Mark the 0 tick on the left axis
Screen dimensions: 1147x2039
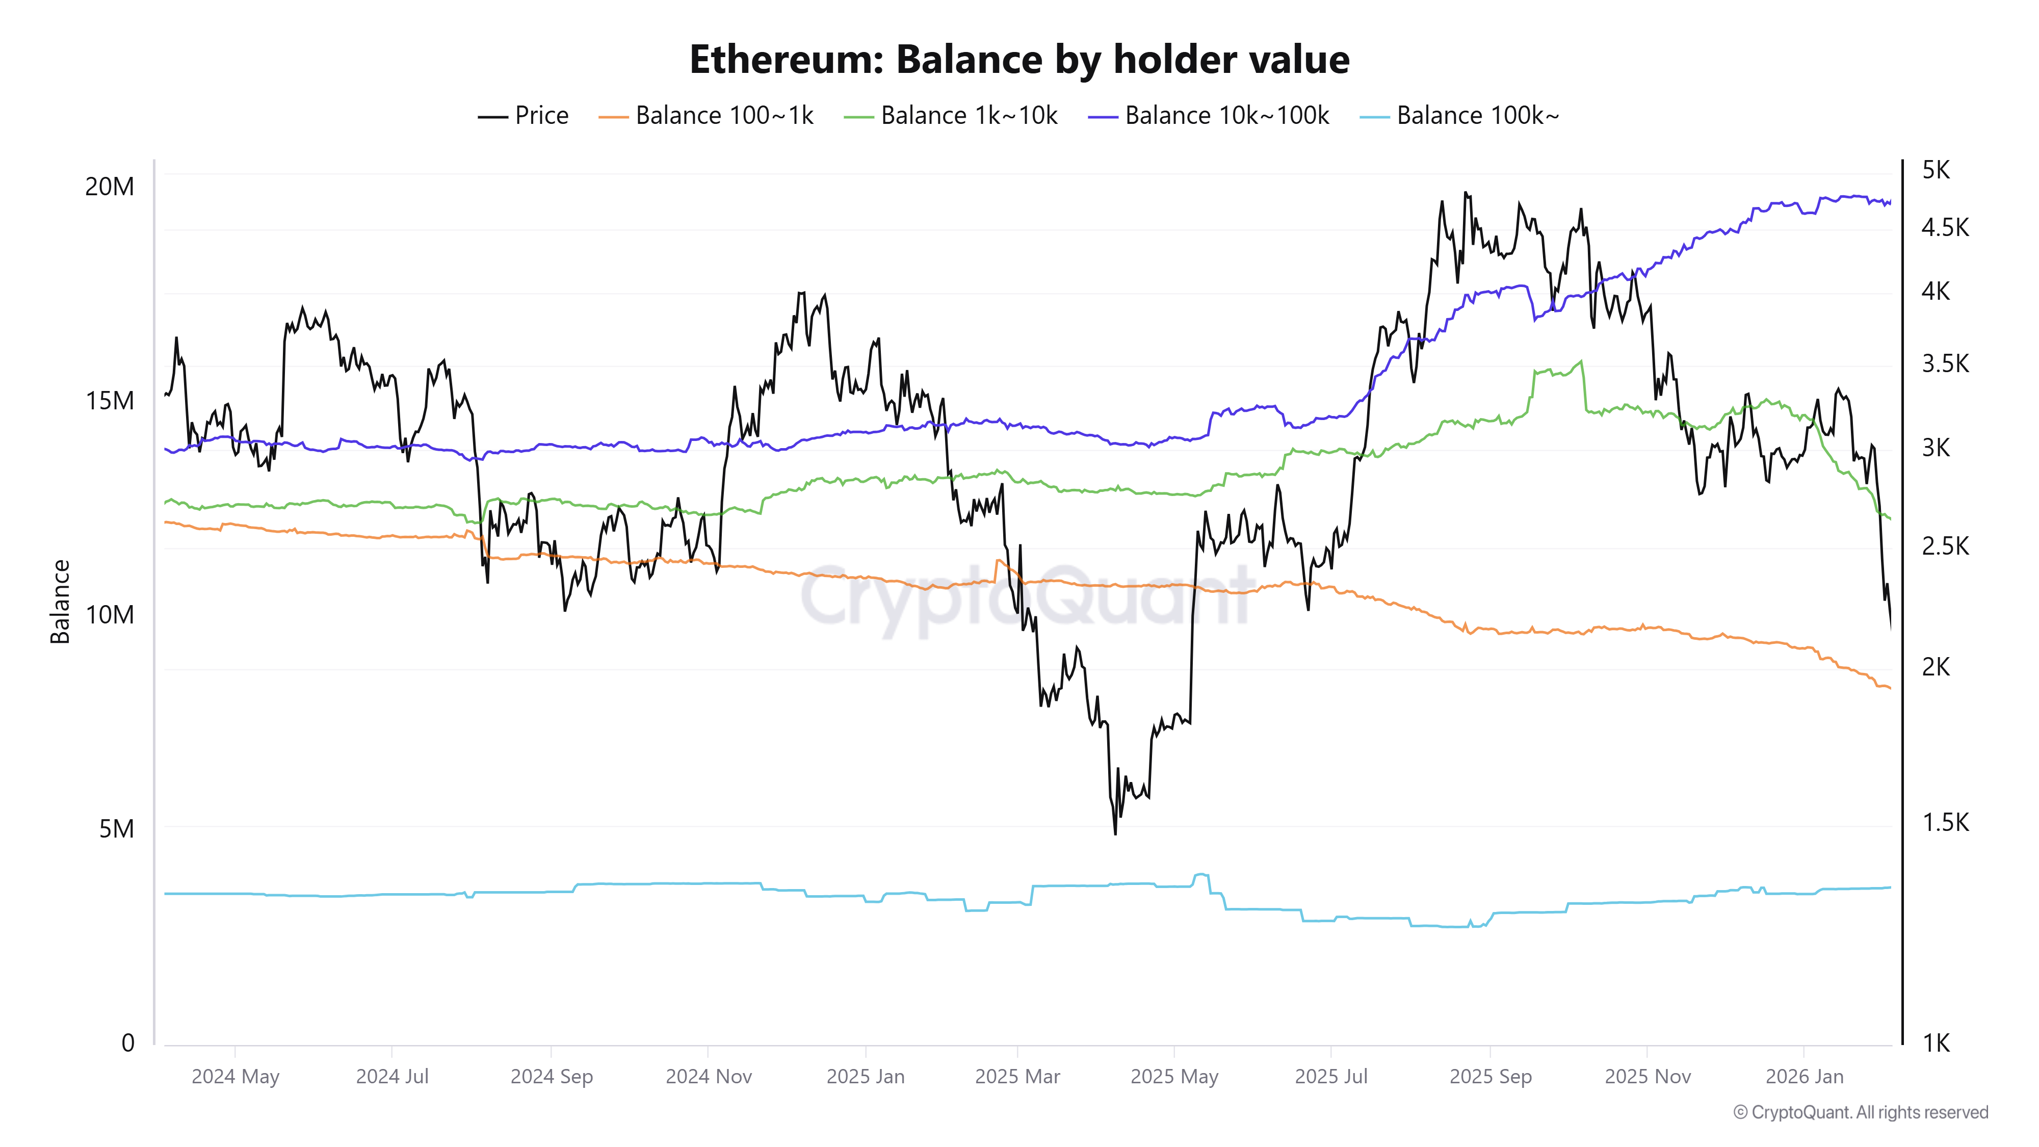[127, 1042]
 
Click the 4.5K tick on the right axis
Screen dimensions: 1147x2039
[1944, 228]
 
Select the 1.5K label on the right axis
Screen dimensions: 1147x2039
[1944, 822]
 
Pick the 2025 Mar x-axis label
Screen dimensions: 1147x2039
[1017, 1077]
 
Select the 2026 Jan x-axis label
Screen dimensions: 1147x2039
[1804, 1077]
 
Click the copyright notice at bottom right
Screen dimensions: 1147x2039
[1860, 1112]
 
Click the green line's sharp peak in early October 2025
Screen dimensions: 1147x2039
[1581, 362]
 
